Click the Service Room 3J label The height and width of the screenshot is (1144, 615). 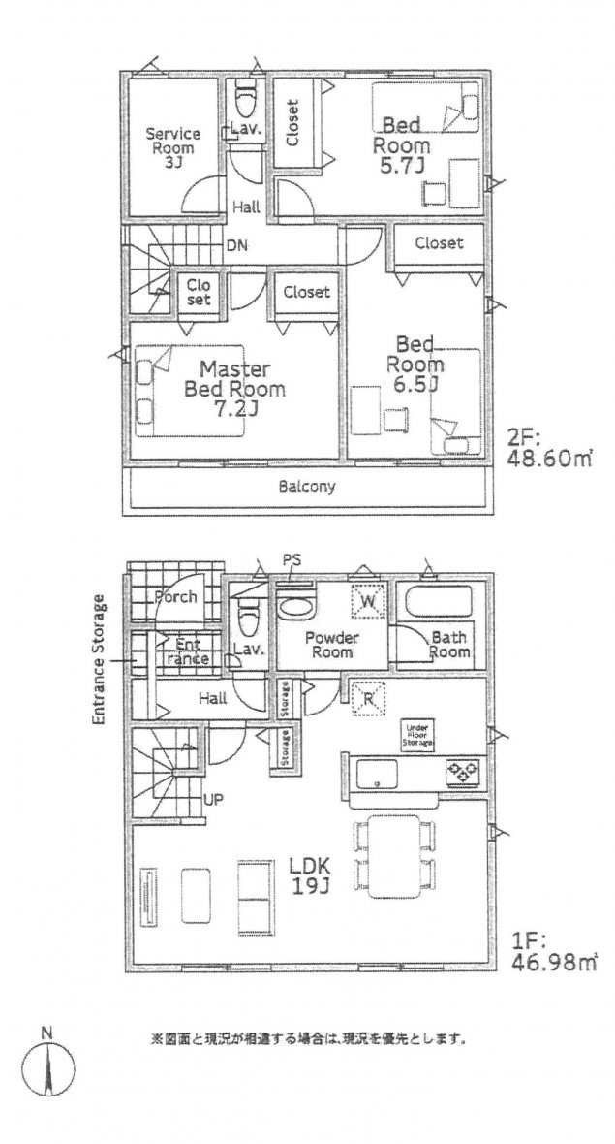click(172, 147)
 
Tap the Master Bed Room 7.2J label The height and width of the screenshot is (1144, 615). click(233, 391)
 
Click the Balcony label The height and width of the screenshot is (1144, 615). click(307, 487)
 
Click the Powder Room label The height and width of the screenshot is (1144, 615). click(332, 645)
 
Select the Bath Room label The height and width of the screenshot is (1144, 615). click(449, 645)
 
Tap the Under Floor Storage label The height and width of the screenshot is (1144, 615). click(418, 734)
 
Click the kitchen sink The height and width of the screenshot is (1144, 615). click(379, 775)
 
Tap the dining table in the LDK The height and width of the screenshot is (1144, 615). click(393, 856)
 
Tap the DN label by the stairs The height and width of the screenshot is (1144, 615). click(236, 245)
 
